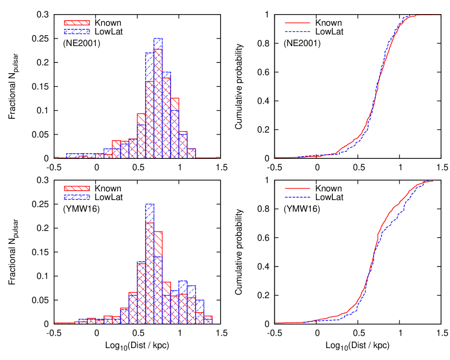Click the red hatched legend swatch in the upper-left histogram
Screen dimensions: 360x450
76,23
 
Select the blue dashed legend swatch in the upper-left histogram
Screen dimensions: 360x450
76,31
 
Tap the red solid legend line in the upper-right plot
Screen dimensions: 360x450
297,23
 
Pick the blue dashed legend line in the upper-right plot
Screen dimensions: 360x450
297,31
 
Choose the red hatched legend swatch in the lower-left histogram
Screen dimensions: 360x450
76,188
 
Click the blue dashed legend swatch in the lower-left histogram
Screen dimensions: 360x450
76,197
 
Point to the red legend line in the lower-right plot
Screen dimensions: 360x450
297,188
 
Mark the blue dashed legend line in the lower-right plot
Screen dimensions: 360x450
297,197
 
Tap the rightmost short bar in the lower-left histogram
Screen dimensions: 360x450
208,320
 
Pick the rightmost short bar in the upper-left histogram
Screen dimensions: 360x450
191,153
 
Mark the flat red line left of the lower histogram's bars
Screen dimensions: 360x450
64,323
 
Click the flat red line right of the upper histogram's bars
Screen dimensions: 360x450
208,157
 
